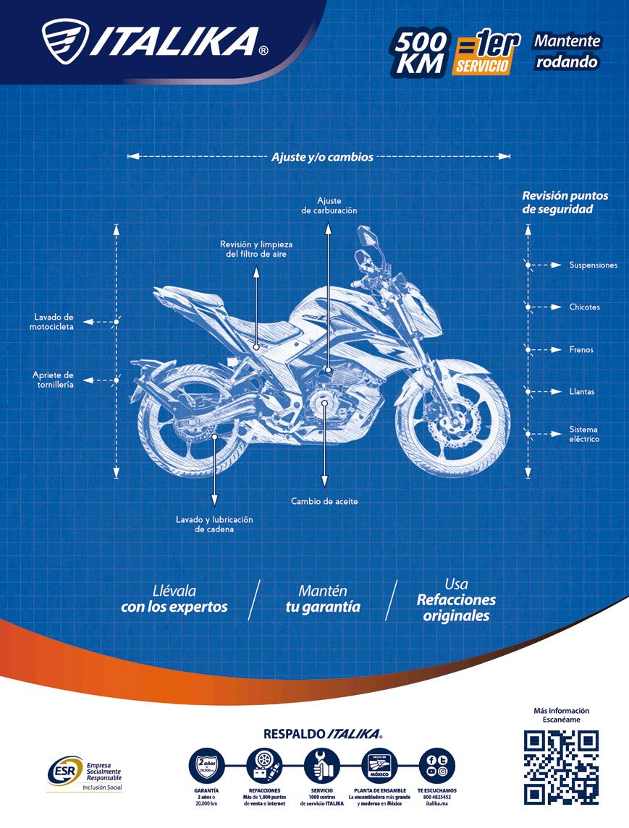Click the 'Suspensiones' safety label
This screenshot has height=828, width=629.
(x=593, y=265)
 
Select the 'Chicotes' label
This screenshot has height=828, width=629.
(x=584, y=307)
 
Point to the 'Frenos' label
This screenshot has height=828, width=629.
(x=581, y=350)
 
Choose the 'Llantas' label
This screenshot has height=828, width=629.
(x=581, y=392)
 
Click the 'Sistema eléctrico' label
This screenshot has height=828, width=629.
(x=583, y=434)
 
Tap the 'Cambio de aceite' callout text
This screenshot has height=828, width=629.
(x=324, y=501)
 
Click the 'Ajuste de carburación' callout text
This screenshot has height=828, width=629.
(x=329, y=205)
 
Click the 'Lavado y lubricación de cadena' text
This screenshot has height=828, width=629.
(x=214, y=524)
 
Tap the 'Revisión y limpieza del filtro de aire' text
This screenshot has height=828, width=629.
(x=256, y=249)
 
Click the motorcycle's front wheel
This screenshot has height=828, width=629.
(x=453, y=423)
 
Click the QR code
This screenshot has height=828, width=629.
(x=561, y=767)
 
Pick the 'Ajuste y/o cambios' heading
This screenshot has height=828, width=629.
(x=322, y=156)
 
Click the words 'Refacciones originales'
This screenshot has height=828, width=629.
(x=456, y=608)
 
